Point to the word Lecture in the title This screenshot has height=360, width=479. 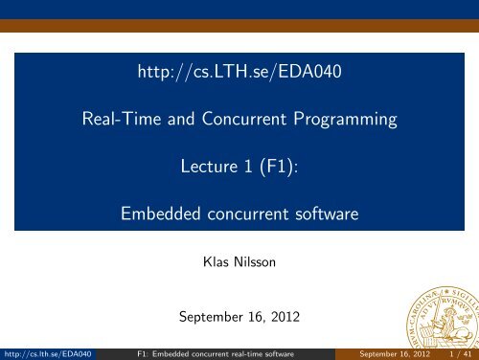coord(210,168)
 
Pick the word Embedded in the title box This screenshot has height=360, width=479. coord(158,216)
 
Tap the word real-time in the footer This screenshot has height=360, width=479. coord(248,351)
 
